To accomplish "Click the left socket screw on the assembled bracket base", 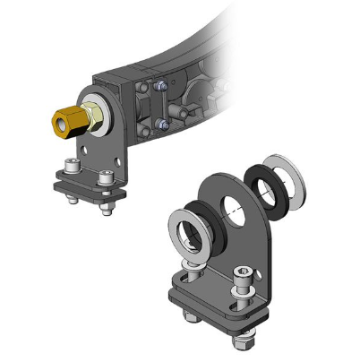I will click(x=73, y=168).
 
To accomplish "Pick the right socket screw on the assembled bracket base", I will click(x=107, y=178).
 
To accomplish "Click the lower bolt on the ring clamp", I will click(x=160, y=123).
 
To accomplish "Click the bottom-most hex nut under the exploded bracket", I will click(x=242, y=339).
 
